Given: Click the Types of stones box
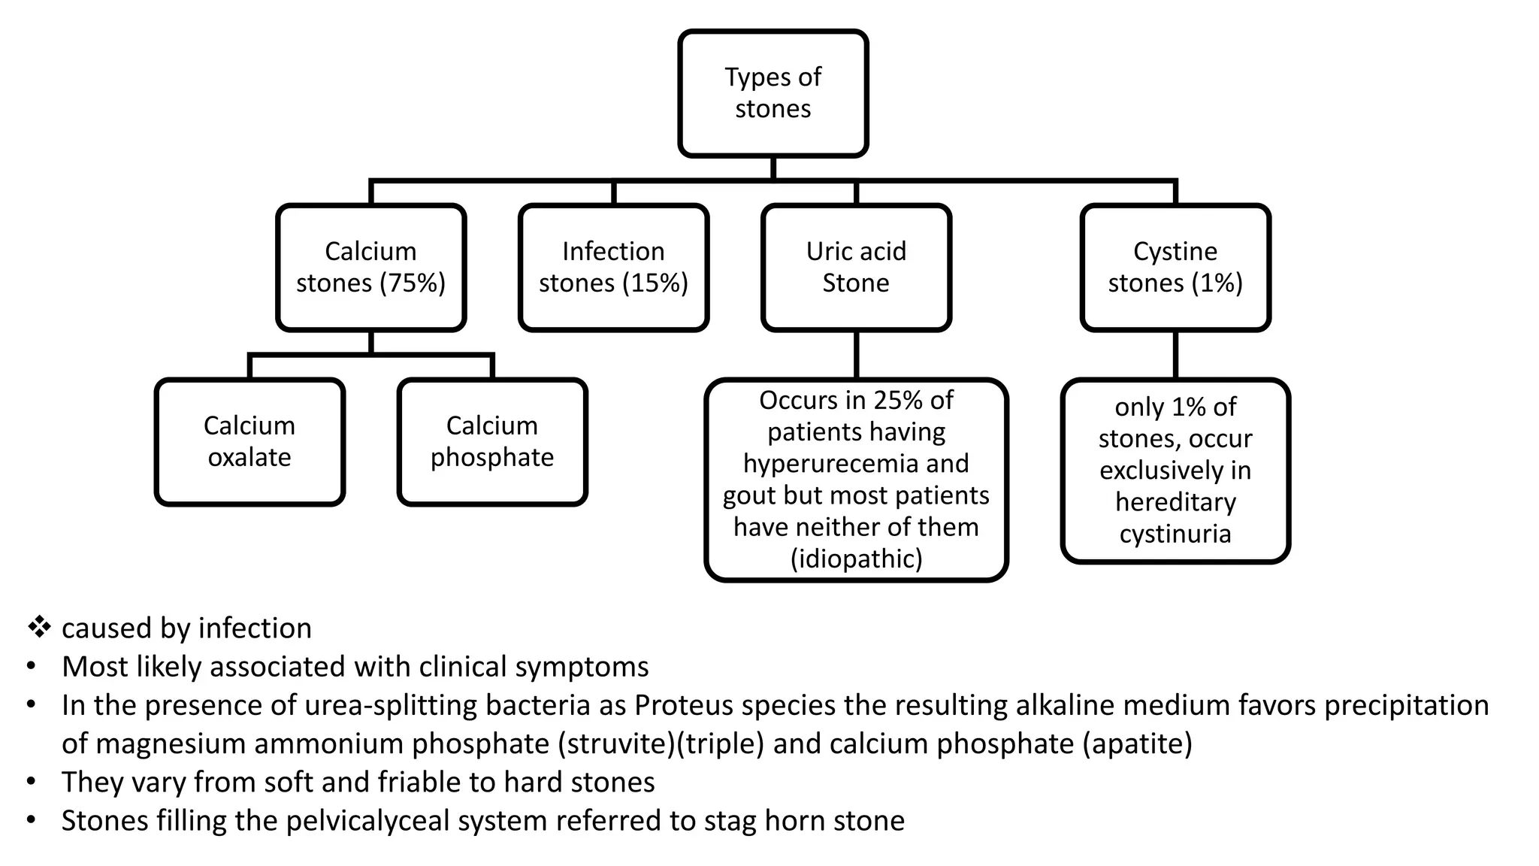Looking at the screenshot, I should coord(773,93).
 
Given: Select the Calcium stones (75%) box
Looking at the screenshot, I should coord(370,268).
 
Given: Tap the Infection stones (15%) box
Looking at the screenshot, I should coord(613,268).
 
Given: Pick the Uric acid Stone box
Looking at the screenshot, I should coord(856,268).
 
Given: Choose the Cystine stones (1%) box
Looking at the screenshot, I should coord(1175,268).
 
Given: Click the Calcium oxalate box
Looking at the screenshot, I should coord(249,442).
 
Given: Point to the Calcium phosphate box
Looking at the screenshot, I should coord(491,442).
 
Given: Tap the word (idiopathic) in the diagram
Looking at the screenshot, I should coord(856,559).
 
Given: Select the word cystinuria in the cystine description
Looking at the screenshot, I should coord(1175,534).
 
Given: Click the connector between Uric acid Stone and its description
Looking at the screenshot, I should coord(856,355).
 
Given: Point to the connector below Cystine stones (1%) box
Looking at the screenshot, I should coord(1175,355).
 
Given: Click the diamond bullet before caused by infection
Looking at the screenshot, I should coord(39,627).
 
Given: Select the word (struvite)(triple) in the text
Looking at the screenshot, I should coord(661,743).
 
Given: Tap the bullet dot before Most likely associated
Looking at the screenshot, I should coord(31,667).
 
